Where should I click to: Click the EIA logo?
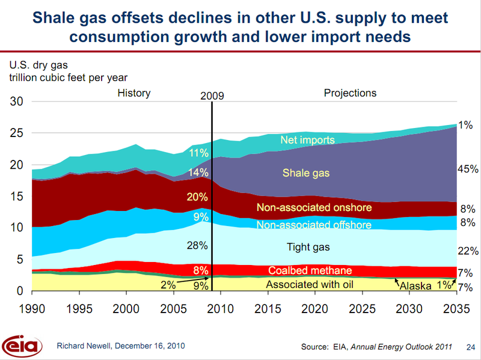23,346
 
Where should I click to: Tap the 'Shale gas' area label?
307,174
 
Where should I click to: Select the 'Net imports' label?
307,140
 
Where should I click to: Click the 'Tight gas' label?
308,247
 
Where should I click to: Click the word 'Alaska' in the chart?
415,286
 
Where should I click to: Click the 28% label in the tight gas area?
197,245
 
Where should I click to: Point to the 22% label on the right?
467,251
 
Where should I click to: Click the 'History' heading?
134,93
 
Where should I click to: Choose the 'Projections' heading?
350,93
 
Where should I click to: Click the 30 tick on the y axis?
16,102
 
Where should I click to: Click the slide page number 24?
470,347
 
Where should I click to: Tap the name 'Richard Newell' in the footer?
83,346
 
